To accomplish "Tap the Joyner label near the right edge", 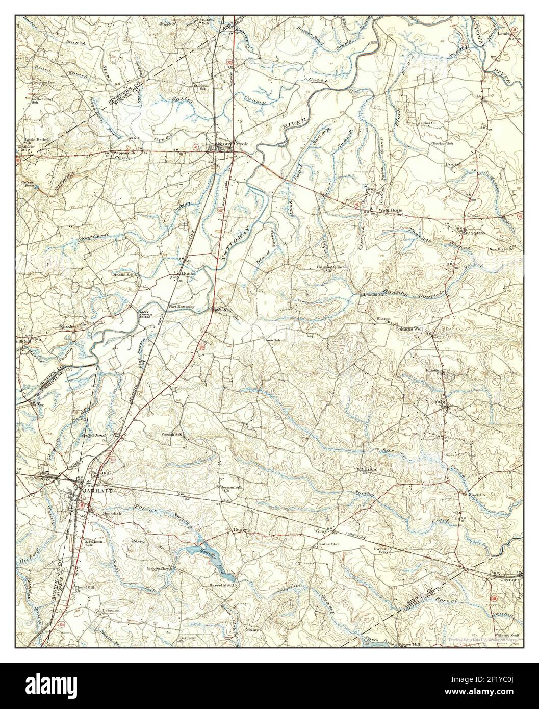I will point(511,579).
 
